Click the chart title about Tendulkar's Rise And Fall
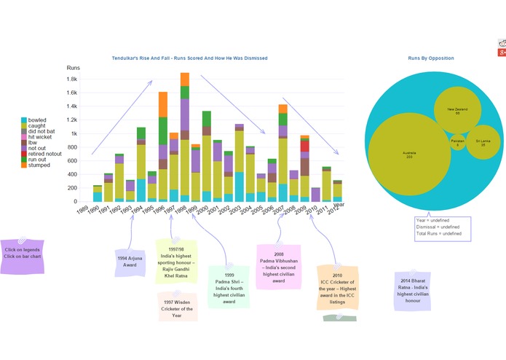[189, 58]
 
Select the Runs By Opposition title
[430, 58]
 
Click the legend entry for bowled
[36, 120]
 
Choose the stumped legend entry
[39, 165]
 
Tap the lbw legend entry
[32, 139]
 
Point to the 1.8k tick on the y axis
[72, 79]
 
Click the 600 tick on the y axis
[72, 161]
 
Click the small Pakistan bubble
[457, 141]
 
